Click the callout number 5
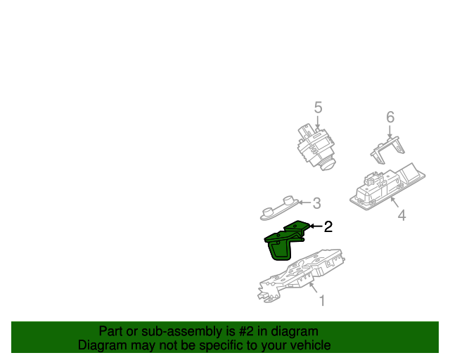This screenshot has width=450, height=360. pos(318,108)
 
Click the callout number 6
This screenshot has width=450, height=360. pos(390,117)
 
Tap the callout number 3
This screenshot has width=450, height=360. pos(316,203)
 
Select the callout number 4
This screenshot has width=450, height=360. pos(401,216)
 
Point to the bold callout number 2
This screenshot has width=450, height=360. pos(328,226)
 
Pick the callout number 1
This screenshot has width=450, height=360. pos(322,301)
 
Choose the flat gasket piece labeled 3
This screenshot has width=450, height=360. pos(277,207)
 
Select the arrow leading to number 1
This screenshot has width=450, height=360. pos(314,289)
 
